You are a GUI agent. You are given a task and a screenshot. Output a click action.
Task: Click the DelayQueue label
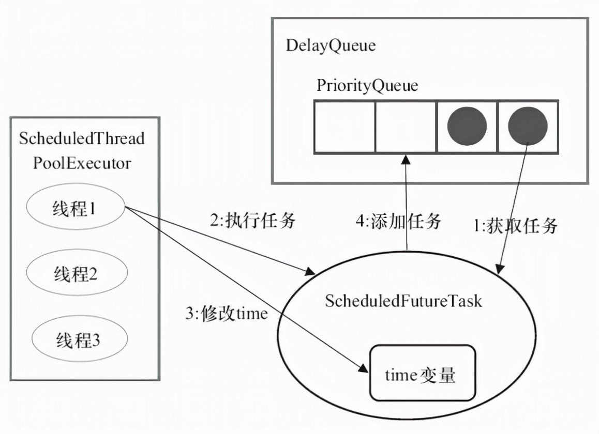point(331,46)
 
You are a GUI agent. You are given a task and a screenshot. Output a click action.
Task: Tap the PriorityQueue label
point(367,85)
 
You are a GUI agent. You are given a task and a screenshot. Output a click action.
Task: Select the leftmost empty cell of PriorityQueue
point(345,127)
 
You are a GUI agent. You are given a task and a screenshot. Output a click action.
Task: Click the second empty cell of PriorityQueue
point(406,127)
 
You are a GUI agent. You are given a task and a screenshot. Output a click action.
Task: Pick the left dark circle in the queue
point(467,126)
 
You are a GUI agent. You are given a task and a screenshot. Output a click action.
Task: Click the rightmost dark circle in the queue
point(528,126)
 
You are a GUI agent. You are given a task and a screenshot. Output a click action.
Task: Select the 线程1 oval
point(76,207)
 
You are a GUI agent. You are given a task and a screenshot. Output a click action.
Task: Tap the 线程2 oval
point(77,272)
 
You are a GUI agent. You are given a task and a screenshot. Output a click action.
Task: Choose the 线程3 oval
point(80,338)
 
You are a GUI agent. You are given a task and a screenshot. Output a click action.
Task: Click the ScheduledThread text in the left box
point(82,138)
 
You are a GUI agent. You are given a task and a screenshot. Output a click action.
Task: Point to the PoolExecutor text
point(82,163)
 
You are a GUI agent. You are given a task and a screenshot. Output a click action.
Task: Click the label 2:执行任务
point(253,221)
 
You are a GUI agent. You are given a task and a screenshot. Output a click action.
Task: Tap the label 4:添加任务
point(398,221)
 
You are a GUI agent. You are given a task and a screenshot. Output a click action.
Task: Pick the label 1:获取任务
point(515,226)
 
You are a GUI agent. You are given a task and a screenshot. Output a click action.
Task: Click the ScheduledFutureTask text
point(403,301)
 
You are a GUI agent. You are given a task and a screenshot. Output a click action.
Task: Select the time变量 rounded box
point(423,373)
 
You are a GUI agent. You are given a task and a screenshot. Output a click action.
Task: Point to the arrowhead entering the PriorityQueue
point(406,160)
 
